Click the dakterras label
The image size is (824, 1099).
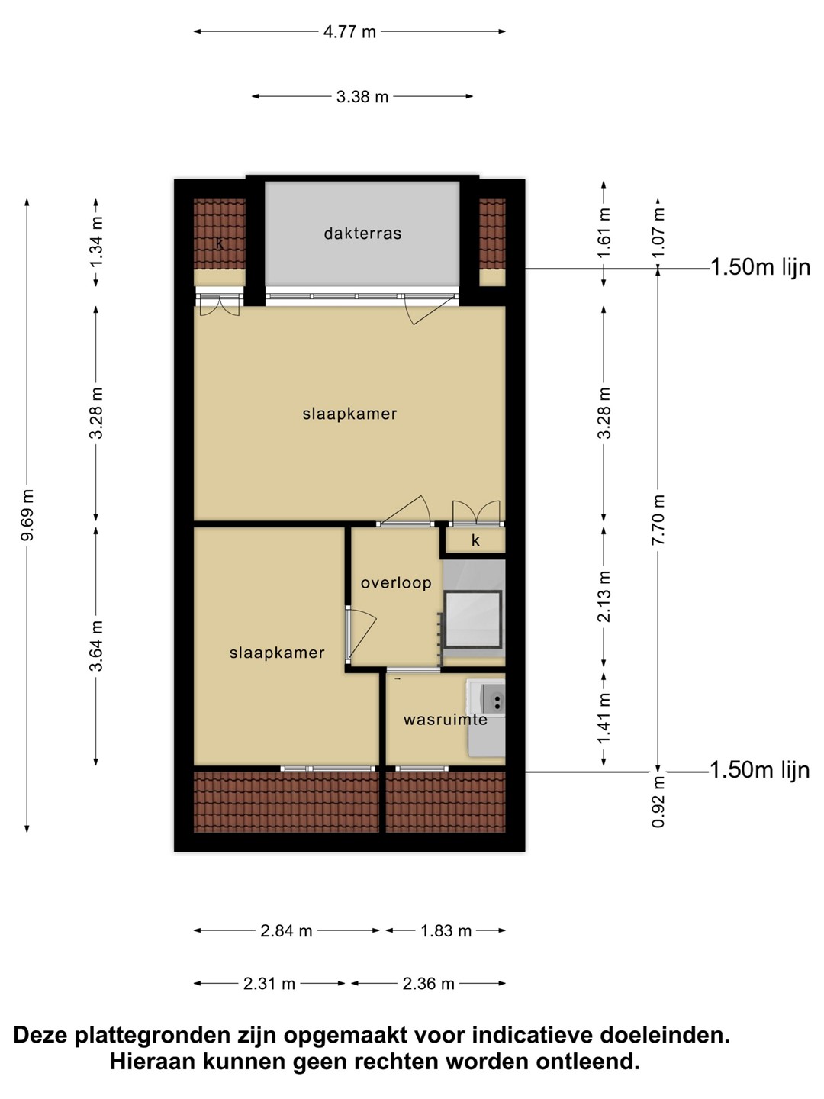tap(362, 234)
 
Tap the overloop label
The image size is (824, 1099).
tap(396, 583)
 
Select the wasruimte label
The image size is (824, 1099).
tap(446, 720)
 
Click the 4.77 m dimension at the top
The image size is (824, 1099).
tap(349, 32)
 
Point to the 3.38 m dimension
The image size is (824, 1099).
tap(362, 97)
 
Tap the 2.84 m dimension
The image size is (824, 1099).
tap(286, 931)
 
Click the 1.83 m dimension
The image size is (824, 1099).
tap(446, 931)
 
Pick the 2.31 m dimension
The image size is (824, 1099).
tap(269, 984)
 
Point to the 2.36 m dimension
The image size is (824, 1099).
tap(428, 984)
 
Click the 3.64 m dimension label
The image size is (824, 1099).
tap(95, 646)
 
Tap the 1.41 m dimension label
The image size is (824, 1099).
tap(604, 718)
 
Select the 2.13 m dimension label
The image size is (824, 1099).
tap(604, 596)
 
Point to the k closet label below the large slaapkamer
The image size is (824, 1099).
tap(475, 540)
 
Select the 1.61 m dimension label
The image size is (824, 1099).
tap(604, 233)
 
